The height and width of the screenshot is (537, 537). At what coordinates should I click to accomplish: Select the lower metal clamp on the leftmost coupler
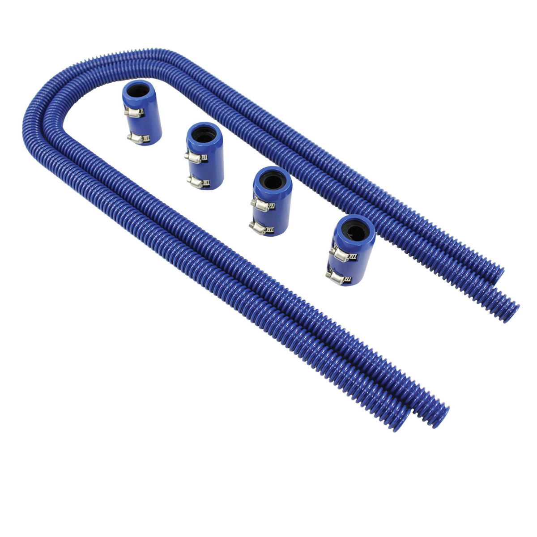click(x=135, y=138)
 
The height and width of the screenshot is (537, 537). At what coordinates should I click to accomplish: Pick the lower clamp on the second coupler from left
click(x=197, y=181)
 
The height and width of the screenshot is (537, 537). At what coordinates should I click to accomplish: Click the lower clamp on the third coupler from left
click(x=261, y=229)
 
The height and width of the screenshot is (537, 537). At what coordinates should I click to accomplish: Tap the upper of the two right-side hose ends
click(x=497, y=275)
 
